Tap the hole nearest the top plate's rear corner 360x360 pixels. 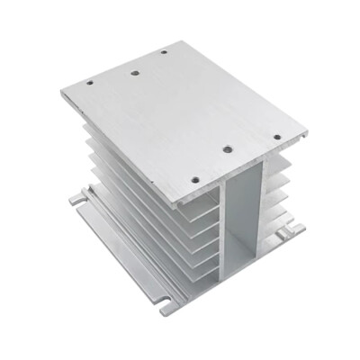click(x=164, y=51)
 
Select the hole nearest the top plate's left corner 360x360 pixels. click(x=90, y=85)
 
